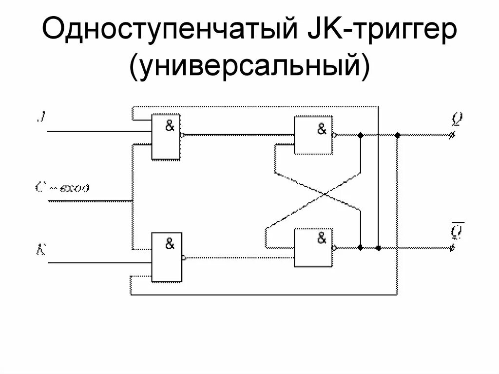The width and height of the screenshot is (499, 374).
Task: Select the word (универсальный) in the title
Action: (249, 66)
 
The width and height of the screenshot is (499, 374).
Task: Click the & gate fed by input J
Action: (166, 137)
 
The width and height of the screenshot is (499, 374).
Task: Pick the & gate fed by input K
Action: (166, 258)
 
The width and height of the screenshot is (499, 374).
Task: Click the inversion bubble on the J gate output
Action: (182, 135)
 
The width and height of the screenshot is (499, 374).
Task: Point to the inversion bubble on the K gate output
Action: (183, 257)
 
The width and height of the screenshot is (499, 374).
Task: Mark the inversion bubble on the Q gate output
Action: (334, 135)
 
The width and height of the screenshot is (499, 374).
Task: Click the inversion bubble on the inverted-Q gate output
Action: (334, 248)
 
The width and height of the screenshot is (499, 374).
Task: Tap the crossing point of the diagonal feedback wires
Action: (324, 194)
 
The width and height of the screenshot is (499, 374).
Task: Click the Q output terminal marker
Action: (452, 136)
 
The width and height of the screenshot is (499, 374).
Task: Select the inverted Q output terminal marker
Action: (452, 248)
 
